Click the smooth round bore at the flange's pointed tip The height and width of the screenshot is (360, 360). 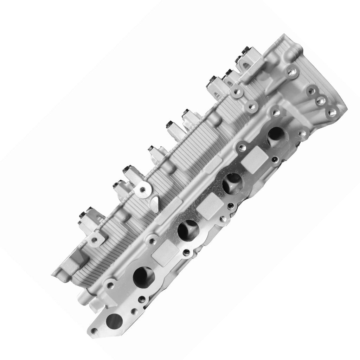[115, 321]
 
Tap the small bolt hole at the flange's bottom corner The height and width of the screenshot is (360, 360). [94, 331]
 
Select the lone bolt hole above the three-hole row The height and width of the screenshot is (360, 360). [291, 72]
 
